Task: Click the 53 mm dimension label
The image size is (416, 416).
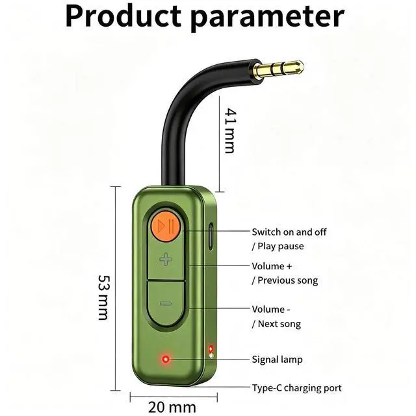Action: [103, 297]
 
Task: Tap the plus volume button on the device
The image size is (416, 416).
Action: [166, 260]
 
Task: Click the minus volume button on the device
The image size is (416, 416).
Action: [166, 303]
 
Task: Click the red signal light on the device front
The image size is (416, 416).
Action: [166, 358]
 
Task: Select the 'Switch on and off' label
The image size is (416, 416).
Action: [289, 232]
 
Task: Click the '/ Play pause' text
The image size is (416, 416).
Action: [278, 246]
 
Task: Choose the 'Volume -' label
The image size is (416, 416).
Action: [271, 310]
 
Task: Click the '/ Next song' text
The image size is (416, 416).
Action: [276, 324]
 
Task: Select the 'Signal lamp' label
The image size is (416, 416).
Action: [277, 359]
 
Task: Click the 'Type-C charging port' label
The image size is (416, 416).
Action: [296, 388]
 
